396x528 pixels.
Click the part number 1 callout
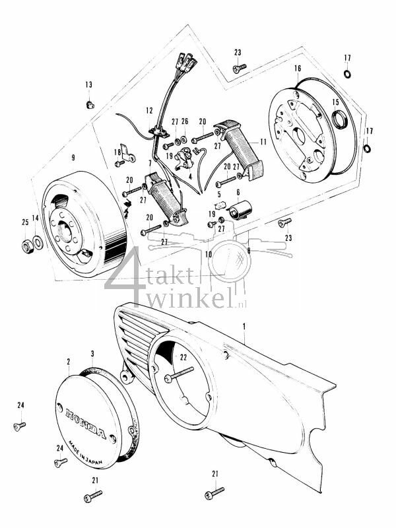point(244,326)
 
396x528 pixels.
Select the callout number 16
point(298,68)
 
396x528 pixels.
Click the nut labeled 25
point(26,246)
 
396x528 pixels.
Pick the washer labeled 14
point(38,244)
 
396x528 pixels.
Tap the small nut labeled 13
point(89,104)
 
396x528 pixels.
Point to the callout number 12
point(149,110)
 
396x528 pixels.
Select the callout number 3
point(92,354)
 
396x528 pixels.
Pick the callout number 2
point(69,362)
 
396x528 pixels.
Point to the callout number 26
point(185,121)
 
